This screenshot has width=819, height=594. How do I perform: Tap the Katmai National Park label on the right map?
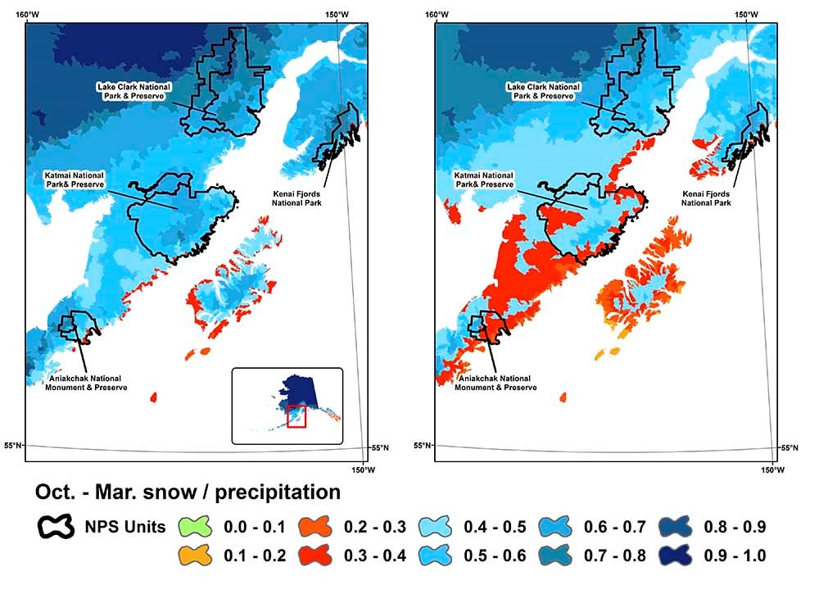pyautogui.click(x=486, y=179)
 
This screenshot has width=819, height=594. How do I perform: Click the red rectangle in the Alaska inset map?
pyautogui.click(x=296, y=415)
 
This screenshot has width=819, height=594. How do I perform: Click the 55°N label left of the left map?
pyautogui.click(x=13, y=445)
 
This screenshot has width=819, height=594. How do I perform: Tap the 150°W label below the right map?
pyautogui.click(x=772, y=470)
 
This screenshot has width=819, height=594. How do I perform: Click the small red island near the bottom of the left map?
pyautogui.click(x=153, y=397)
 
